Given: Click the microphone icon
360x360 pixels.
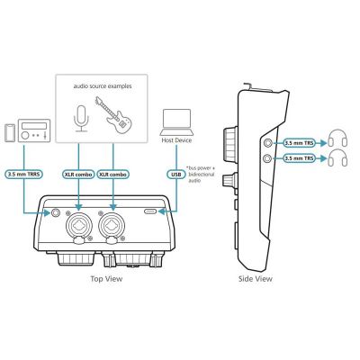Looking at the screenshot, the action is tap(81, 119).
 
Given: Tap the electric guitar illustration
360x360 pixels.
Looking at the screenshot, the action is tap(113, 115).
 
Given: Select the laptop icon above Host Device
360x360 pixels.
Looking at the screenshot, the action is tap(176, 122).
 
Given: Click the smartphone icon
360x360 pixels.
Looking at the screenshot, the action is tap(10, 133).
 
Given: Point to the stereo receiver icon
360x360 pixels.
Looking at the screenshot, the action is tap(34, 130).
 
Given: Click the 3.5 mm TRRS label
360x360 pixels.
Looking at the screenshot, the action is tap(24, 174).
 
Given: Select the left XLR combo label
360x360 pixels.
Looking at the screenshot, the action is tap(78, 174).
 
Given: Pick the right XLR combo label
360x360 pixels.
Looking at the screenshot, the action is tap(113, 174).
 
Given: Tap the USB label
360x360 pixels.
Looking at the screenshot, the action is tap(176, 174).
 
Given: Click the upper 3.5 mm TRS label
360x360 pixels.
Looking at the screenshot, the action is tap(299, 143).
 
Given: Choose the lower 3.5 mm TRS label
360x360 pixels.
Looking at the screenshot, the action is tap(299, 158).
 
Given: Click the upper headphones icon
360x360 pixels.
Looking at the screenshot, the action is tap(338, 139).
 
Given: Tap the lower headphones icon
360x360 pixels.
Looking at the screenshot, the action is tap(338, 157).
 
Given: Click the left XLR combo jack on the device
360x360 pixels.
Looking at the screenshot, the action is tap(78, 225).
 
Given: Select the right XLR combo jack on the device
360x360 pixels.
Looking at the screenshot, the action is tap(113, 225).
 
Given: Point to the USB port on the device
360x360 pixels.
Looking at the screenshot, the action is tap(150, 211).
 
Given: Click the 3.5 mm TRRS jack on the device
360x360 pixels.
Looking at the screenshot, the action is tap(56, 212).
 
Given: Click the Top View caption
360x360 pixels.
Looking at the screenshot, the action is tap(106, 279).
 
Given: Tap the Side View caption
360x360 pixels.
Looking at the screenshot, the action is tap(256, 279).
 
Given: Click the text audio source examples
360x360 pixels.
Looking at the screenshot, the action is tap(103, 86).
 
